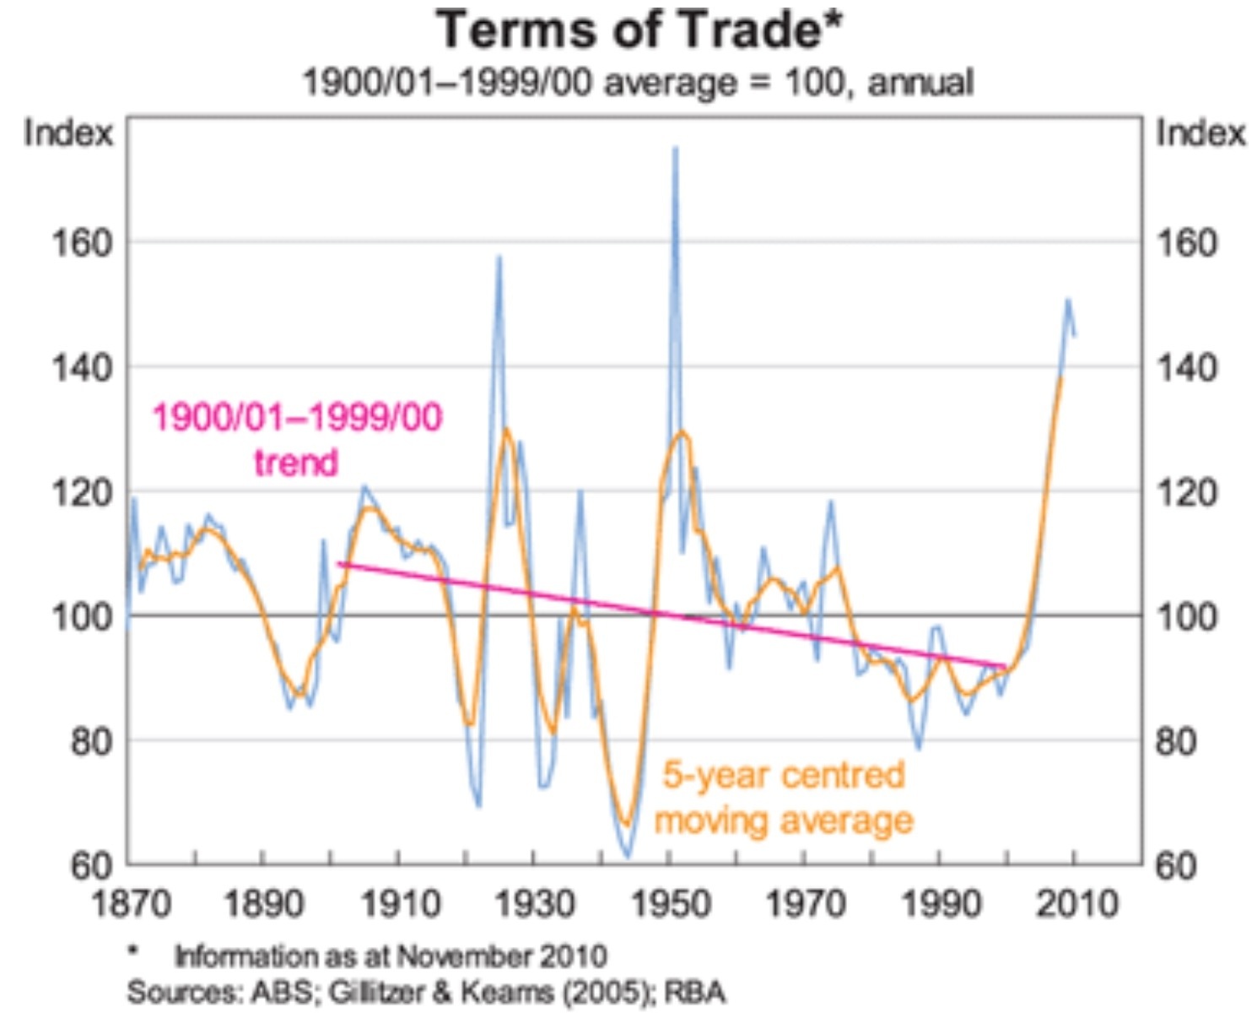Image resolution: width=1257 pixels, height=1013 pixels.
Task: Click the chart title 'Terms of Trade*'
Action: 639,30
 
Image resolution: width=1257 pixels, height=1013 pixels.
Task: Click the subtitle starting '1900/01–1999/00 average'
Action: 638,83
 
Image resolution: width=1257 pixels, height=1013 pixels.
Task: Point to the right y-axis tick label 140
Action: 1185,367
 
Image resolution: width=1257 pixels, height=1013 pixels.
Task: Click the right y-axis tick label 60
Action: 1175,866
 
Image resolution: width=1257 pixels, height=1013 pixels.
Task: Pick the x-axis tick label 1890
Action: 263,904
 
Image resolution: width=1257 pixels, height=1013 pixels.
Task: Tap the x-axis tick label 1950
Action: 670,904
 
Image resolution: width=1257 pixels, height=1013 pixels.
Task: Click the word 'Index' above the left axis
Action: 67,133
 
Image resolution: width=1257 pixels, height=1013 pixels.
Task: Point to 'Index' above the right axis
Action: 1200,133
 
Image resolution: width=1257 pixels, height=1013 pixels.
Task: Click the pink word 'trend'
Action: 296,463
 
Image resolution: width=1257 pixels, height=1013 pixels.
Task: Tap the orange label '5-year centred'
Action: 783,774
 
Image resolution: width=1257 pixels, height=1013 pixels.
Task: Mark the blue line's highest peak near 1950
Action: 675,148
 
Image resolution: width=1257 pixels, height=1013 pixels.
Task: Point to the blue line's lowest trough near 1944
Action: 627,857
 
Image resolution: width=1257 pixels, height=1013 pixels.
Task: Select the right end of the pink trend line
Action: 1005,666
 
